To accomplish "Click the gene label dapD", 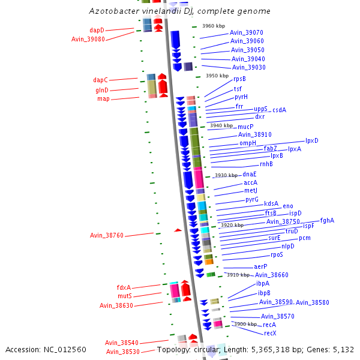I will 97,29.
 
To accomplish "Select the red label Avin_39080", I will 88,39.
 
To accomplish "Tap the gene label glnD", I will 101,89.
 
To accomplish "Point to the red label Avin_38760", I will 106,235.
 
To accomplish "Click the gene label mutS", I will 124,296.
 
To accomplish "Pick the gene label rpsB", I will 239,79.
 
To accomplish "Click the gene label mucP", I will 245,127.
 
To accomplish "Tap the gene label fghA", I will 327,220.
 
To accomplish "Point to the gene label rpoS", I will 277,254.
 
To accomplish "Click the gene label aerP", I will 260,266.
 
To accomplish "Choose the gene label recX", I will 270,332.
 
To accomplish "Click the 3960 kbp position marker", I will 213,26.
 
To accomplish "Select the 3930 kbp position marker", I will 226,175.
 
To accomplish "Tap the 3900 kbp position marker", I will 245,324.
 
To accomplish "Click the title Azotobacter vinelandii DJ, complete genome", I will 179,11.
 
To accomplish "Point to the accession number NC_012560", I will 46,349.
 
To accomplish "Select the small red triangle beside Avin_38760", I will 178,230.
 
